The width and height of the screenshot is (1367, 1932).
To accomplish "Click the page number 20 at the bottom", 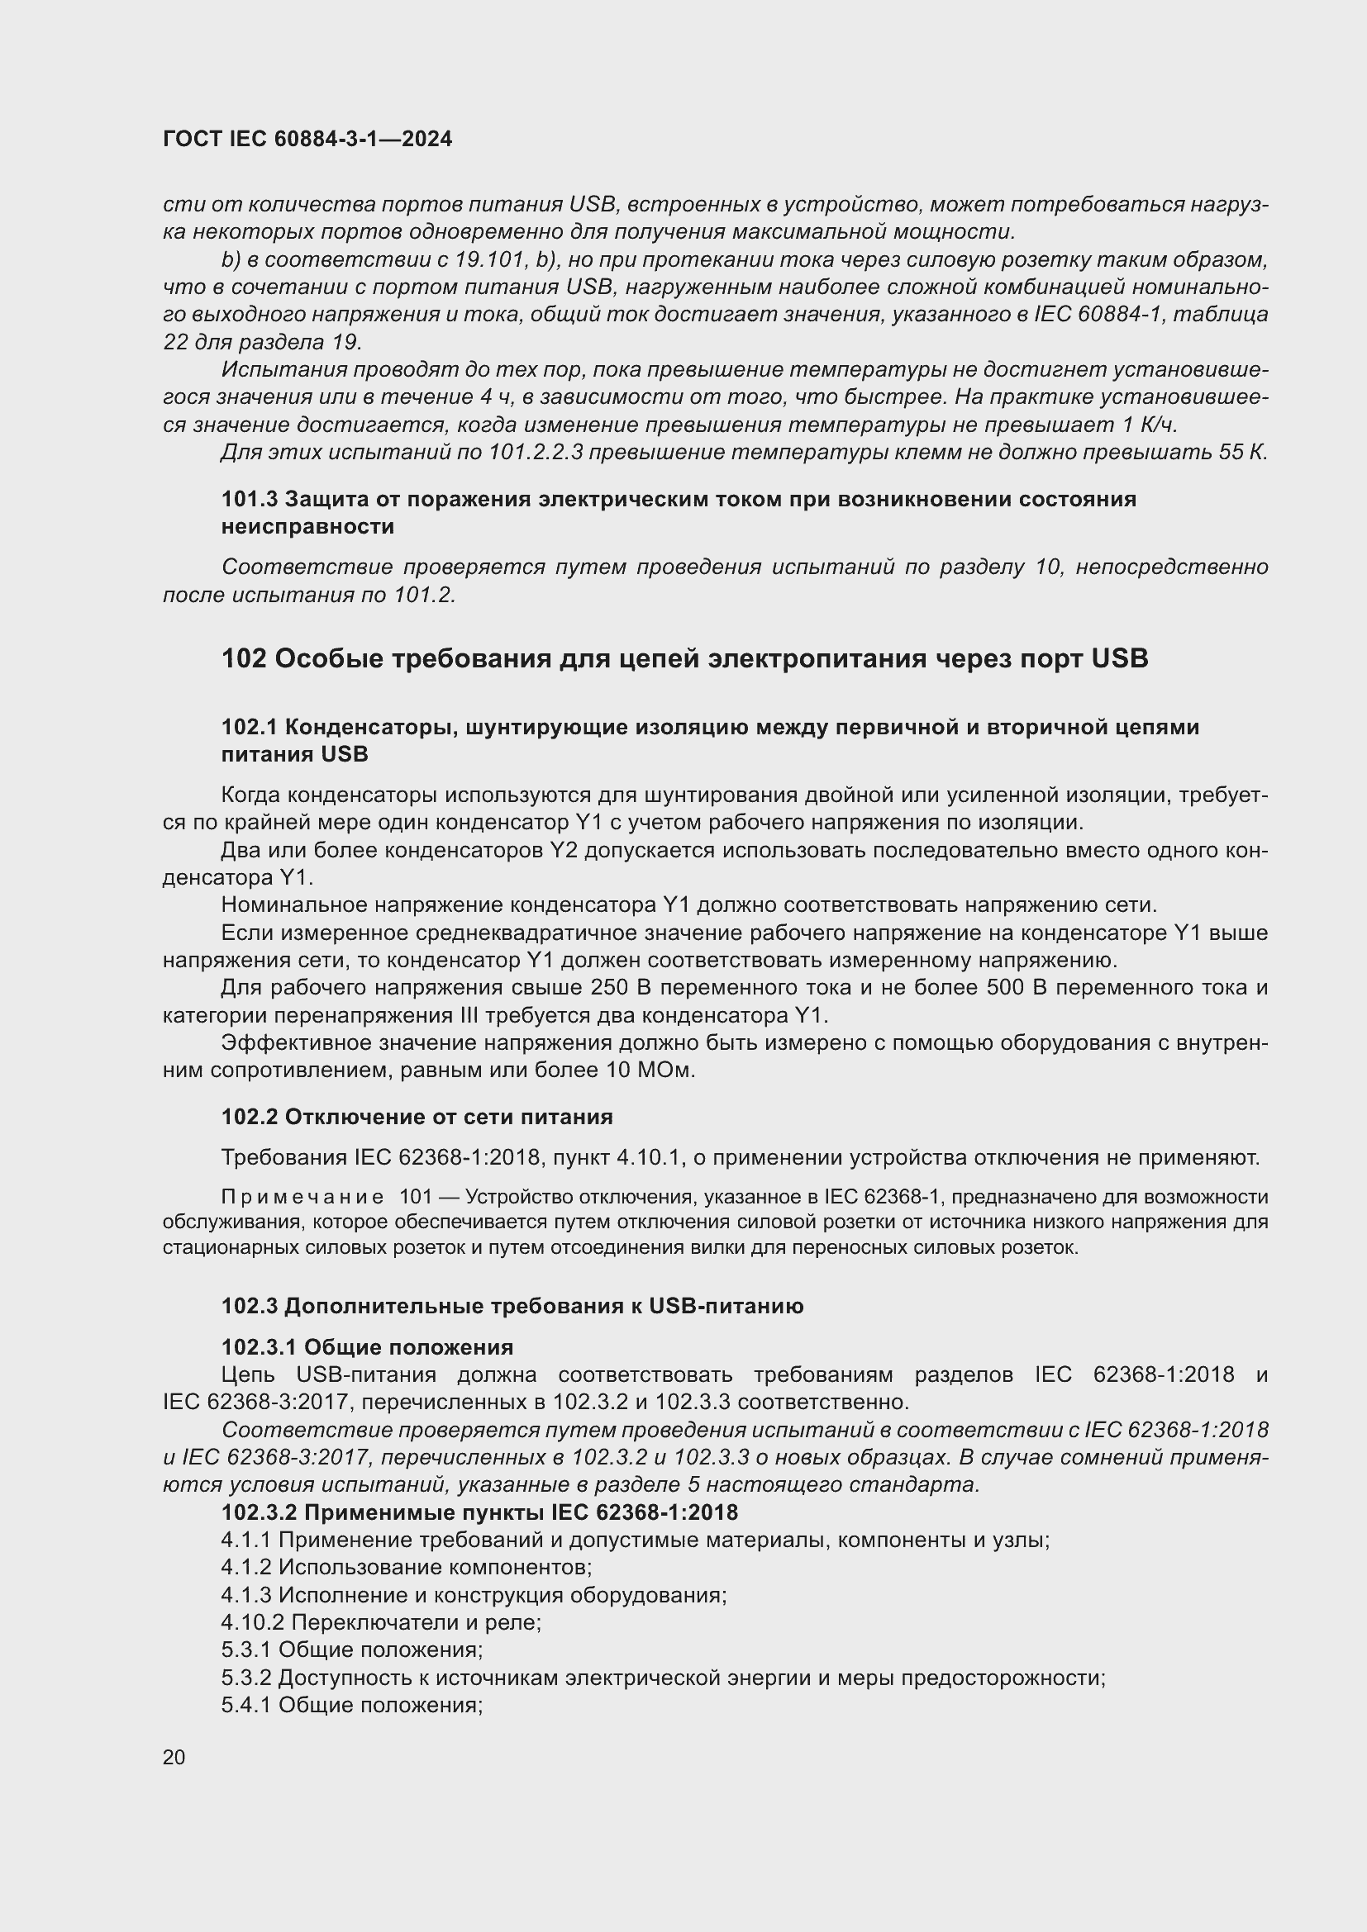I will (x=174, y=1757).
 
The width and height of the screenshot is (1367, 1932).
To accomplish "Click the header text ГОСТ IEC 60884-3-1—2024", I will (x=307, y=139).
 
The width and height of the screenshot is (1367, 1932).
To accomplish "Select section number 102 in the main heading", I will (x=244, y=658).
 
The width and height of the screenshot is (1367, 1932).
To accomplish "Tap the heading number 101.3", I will (x=249, y=499).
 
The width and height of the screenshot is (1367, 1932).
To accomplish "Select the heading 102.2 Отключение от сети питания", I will (x=417, y=1117).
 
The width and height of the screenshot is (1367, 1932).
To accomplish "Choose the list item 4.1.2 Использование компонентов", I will (x=407, y=1567).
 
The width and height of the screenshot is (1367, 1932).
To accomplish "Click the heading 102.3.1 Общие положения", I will (x=367, y=1347).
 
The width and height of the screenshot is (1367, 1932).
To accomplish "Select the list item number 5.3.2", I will (x=245, y=1678).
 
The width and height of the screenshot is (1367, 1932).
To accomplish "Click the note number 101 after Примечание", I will (x=415, y=1198).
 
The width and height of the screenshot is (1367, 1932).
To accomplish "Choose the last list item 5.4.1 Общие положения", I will (x=351, y=1706).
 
